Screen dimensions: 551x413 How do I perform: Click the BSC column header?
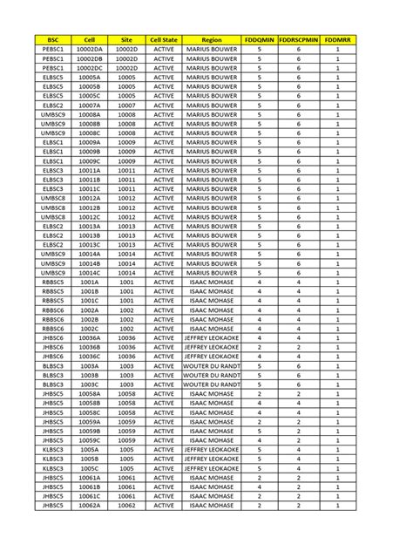click(x=53, y=40)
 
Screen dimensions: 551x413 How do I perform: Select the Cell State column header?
click(x=164, y=40)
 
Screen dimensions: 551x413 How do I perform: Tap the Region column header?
click(x=212, y=40)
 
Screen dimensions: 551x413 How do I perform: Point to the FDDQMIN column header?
click(x=260, y=40)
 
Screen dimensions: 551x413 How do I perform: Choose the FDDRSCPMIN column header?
click(x=299, y=40)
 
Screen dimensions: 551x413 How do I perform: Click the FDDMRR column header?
click(x=337, y=40)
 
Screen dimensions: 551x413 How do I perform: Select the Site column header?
click(x=127, y=40)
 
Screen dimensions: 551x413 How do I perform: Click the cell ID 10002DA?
click(x=89, y=51)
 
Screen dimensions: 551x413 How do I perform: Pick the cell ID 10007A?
click(x=89, y=105)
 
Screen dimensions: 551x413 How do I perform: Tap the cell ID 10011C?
click(x=89, y=189)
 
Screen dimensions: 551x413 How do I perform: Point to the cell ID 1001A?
click(x=89, y=283)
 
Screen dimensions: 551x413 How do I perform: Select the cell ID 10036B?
click(x=89, y=347)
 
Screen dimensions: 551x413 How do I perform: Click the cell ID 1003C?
click(x=89, y=384)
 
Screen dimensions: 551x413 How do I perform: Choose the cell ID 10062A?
click(x=89, y=505)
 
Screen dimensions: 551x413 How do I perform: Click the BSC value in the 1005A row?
click(x=53, y=450)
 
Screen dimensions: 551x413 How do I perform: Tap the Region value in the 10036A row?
click(x=212, y=337)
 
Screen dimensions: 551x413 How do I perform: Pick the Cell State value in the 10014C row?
click(x=164, y=273)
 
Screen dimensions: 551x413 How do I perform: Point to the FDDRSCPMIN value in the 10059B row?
click(x=299, y=431)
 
